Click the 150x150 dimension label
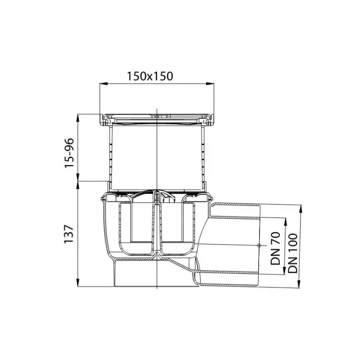[x=150, y=76]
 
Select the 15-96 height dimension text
[x=69, y=153]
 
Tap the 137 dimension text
[x=68, y=234]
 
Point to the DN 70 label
[x=275, y=248]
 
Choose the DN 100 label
[x=293, y=253]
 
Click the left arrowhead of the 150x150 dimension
[x=103, y=84]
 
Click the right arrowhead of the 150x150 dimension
[x=210, y=84]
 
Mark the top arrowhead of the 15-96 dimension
[x=78, y=118]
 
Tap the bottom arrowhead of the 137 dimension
[x=78, y=282]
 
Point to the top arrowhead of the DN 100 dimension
[x=301, y=209]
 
